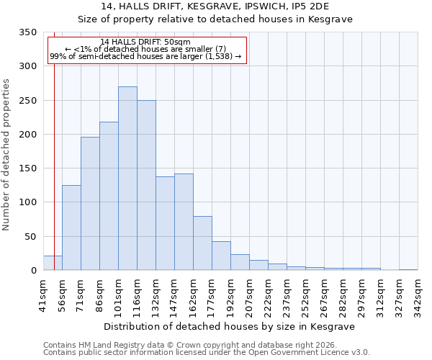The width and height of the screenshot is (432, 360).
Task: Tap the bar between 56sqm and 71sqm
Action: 71,228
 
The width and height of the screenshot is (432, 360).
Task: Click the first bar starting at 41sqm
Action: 53,263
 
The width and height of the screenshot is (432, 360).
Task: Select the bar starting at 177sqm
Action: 221,256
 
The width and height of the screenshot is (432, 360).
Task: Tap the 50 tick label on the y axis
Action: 30,237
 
